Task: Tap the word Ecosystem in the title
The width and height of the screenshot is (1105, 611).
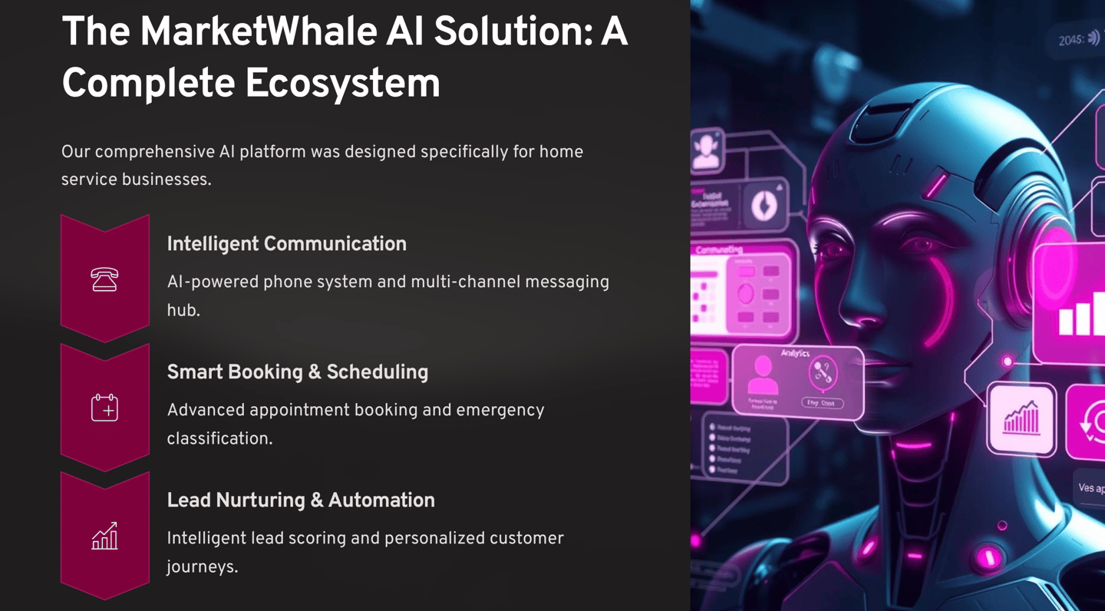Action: click(345, 84)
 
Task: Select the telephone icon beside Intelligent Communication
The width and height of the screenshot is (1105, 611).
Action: click(104, 279)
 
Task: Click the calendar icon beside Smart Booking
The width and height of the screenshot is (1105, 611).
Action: click(104, 408)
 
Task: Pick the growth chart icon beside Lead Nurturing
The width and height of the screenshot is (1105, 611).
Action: click(104, 536)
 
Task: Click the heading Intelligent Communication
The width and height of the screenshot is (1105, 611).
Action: click(286, 244)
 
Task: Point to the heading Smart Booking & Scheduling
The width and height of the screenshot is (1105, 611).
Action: click(297, 372)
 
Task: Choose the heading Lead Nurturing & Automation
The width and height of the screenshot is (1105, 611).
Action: click(300, 500)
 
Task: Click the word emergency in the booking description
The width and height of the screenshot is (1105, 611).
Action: click(500, 410)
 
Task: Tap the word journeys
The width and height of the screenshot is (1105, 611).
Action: click(201, 567)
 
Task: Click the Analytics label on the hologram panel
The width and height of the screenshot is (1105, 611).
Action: click(795, 353)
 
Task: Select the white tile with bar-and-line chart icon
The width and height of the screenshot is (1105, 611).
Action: click(1021, 419)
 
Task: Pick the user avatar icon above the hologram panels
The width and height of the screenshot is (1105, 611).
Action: click(706, 150)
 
